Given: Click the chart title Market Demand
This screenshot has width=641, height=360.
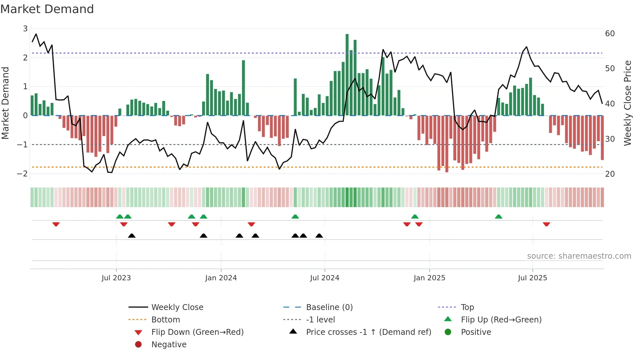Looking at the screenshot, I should [47, 9].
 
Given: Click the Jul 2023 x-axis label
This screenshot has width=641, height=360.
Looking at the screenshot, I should [116, 278].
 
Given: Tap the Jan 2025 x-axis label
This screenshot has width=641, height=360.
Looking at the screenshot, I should [429, 278].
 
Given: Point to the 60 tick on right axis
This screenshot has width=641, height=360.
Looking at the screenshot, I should [610, 34].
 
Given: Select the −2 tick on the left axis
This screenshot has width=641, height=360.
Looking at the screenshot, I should [22, 173].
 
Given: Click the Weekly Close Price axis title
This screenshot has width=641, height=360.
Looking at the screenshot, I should [627, 103].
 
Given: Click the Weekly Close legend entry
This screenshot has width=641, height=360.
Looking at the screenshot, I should [177, 307].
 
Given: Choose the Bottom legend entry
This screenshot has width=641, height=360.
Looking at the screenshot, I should [165, 320].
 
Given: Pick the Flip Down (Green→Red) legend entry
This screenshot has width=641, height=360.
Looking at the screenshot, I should [197, 332].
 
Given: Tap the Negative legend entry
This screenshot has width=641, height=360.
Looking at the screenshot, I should [169, 345].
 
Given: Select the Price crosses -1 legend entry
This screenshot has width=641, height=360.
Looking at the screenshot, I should [368, 332].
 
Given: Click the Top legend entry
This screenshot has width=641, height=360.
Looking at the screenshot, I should [467, 307].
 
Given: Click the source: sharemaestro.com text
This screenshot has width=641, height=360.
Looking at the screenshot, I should [579, 256].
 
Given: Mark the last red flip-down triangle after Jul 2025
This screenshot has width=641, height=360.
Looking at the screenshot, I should [546, 224].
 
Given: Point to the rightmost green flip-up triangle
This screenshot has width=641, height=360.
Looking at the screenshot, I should [498, 217].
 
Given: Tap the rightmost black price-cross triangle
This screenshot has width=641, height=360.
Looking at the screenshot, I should [319, 236].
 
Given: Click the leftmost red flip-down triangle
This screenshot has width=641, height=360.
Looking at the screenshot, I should [56, 224].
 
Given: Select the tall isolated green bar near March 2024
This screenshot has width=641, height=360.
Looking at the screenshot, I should [243, 88].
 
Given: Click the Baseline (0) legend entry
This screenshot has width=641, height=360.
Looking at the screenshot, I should [329, 307].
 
